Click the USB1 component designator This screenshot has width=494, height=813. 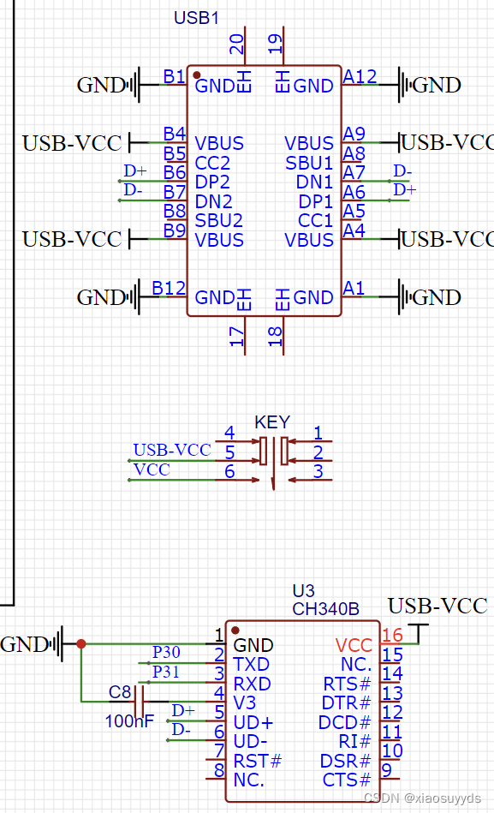[197, 18]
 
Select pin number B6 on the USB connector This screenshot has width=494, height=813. [175, 172]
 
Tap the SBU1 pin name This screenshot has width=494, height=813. [309, 163]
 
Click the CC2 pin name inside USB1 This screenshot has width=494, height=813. [212, 163]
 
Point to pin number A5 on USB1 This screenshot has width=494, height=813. [354, 211]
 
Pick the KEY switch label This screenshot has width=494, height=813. [272, 422]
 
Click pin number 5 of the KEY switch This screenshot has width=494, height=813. [229, 452]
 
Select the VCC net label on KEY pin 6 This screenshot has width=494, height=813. [152, 469]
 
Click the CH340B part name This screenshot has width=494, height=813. [325, 609]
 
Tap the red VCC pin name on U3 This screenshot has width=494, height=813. [354, 645]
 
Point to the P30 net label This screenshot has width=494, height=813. [166, 653]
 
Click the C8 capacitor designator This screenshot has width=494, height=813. [120, 691]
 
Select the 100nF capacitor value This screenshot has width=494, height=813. [129, 720]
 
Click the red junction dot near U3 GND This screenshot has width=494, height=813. [80, 643]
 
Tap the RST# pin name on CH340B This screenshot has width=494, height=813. [257, 761]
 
